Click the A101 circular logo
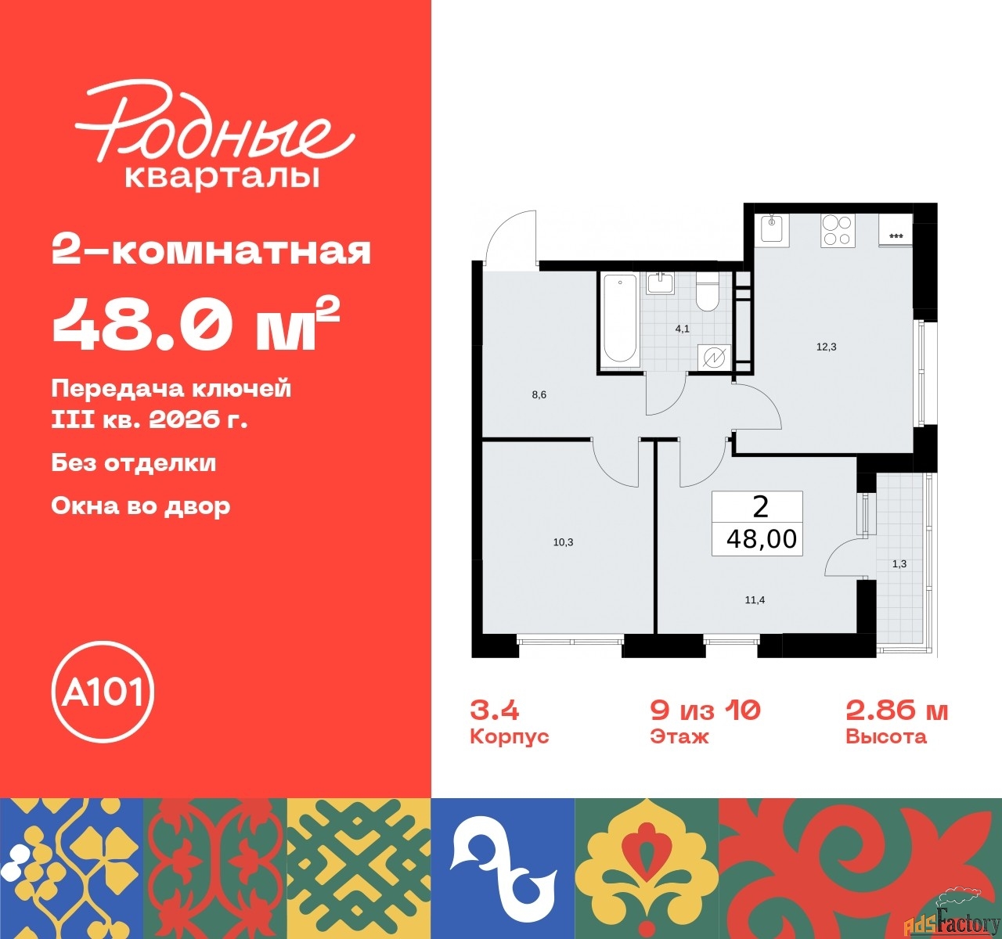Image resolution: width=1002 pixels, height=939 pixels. pos(103,692)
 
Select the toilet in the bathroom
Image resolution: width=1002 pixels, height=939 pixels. pos(707,292)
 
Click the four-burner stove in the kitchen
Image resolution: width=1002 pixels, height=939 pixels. pos(838,231)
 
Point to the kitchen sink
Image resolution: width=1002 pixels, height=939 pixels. pos(774,231)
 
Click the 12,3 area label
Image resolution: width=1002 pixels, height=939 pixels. pos(827,347)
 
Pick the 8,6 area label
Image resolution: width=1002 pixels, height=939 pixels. pos(539,395)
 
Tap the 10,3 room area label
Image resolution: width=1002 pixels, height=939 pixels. pos(563,542)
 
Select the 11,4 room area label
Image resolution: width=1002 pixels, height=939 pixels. pos(755,600)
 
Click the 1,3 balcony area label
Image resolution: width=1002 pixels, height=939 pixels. pos(899,564)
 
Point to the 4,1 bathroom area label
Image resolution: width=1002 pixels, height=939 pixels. pos(682,329)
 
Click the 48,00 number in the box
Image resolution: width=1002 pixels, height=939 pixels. pos(762,538)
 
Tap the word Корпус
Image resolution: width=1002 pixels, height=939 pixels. pos(509,737)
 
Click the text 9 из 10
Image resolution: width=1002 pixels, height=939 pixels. pos(705,711)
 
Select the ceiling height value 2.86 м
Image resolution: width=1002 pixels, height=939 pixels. pos(896,711)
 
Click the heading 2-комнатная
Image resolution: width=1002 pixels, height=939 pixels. pos(211,250)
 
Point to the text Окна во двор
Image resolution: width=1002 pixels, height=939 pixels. pos(141,506)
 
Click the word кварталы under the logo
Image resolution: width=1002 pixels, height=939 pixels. pos(222,177)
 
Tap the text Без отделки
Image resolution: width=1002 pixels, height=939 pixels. pos(134,462)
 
